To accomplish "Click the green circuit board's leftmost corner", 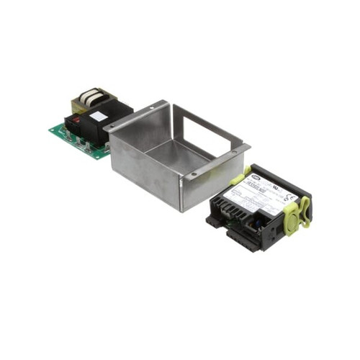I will point(50,130).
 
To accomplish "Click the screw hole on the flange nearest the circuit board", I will point(114,128).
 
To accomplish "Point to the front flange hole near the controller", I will point(193,174).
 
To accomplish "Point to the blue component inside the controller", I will point(258,222).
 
